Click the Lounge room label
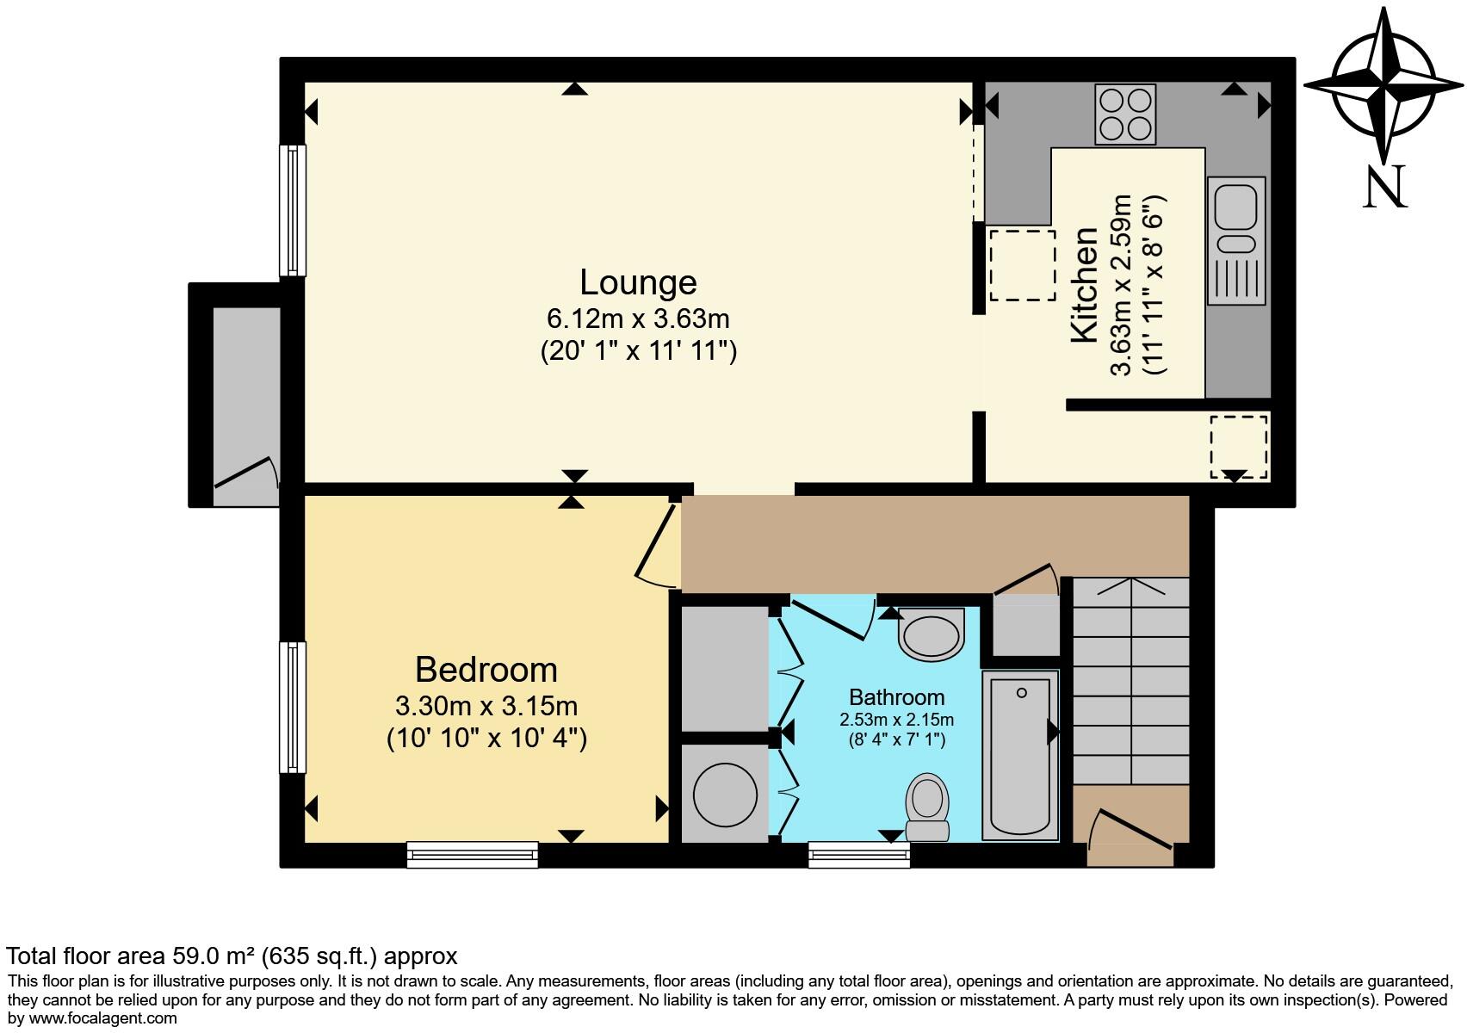pos(638,282)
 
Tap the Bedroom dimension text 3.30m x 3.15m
pos(486,706)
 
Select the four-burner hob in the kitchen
pos(1125,114)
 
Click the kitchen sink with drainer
pos(1236,240)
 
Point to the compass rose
pos(1383,86)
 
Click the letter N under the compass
pos(1384,187)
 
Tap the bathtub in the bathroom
pos(1020,755)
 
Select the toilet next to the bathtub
pos(927,806)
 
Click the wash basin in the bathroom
pos(931,635)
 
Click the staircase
pos(1130,680)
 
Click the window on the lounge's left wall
pos(294,210)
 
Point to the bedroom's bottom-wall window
pos(473,854)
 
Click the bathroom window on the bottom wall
pos(858,854)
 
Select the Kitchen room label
pos(1085,285)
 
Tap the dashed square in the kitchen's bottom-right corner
pos(1238,446)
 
